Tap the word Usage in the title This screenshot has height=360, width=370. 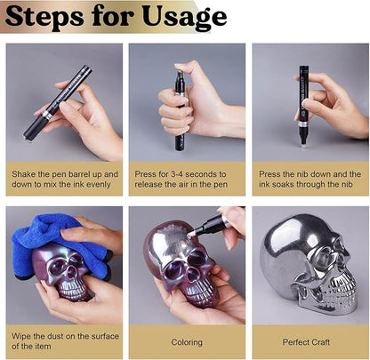pos(184,17)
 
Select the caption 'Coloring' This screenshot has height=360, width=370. pos(187,341)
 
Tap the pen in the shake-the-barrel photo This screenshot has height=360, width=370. pos(58,101)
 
